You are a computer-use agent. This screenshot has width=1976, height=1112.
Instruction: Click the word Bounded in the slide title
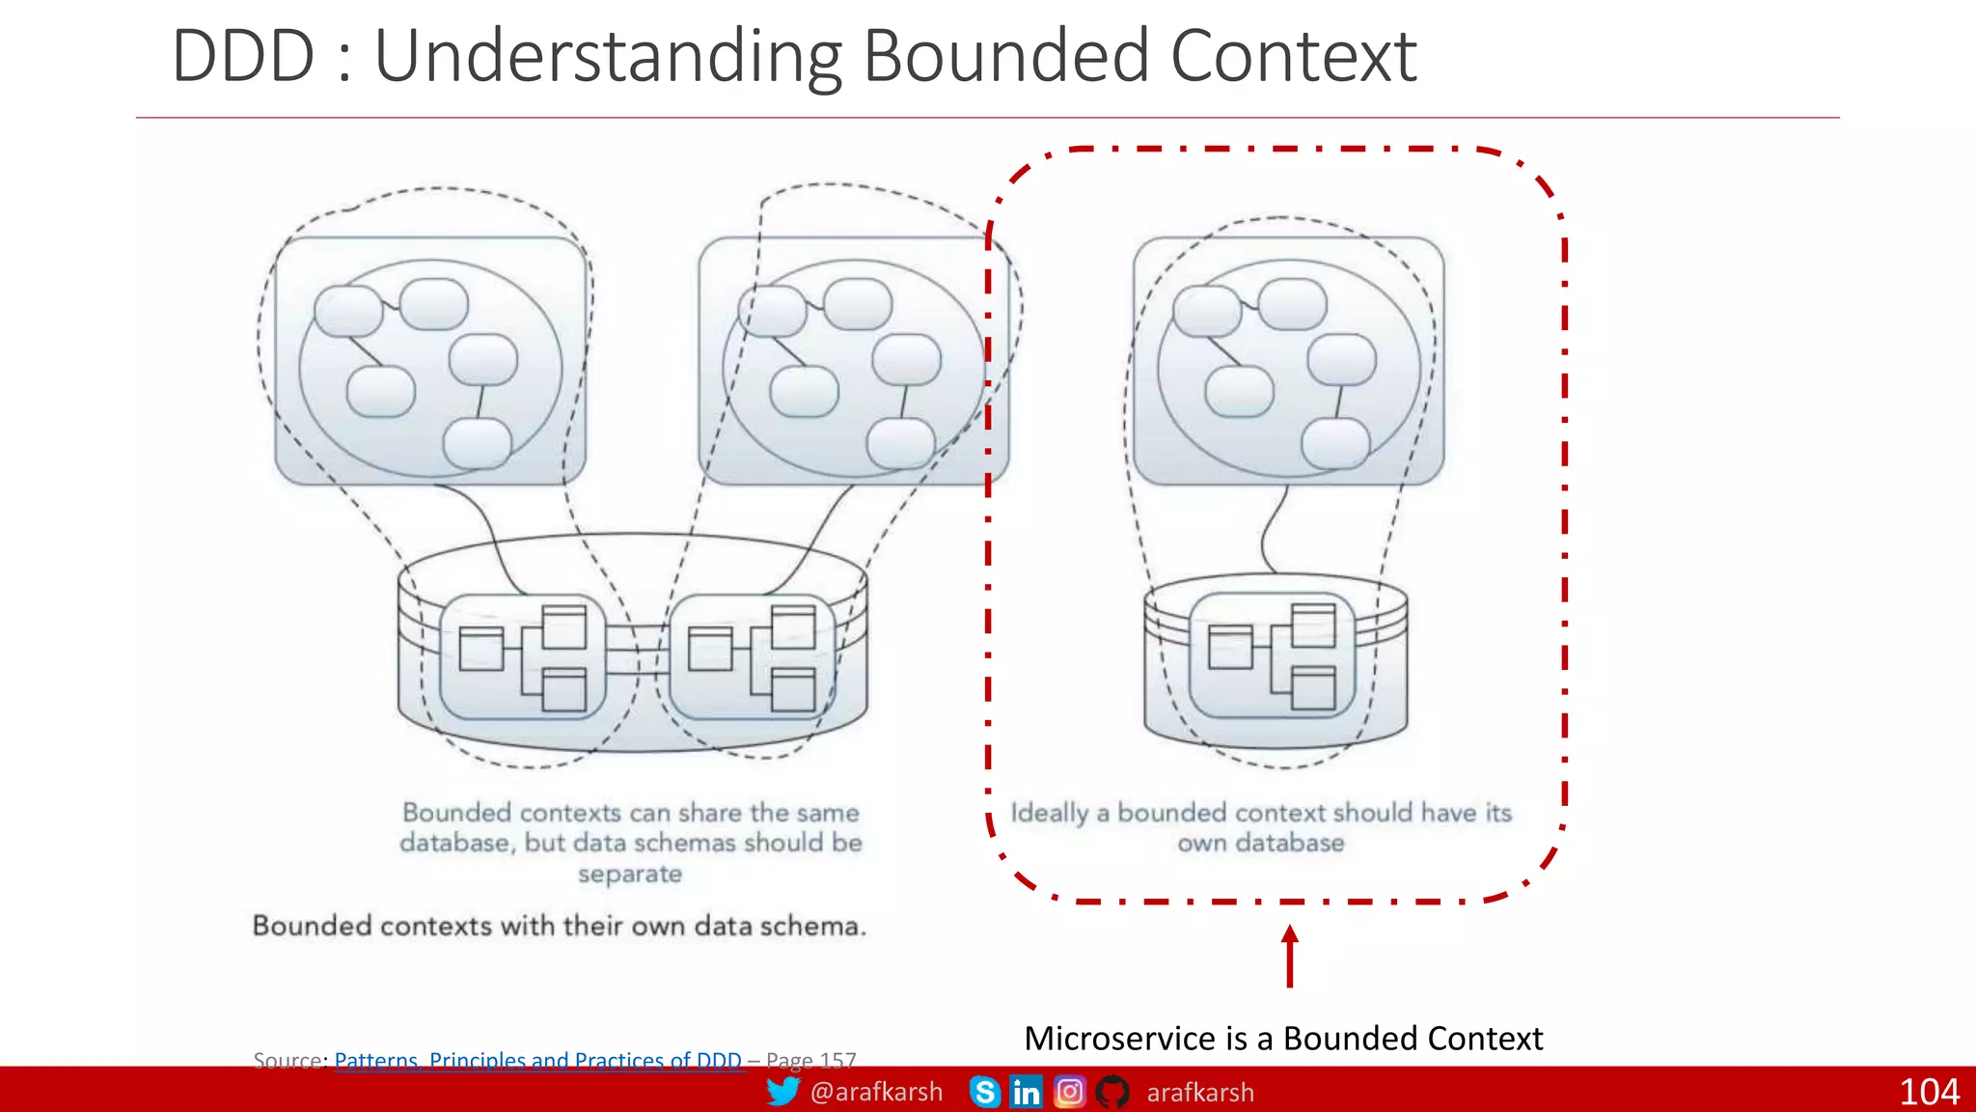click(1006, 56)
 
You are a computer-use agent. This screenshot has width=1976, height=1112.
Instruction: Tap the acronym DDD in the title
click(243, 56)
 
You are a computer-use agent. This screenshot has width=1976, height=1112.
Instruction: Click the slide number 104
click(1929, 1092)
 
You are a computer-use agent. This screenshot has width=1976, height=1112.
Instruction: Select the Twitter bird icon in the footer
click(782, 1091)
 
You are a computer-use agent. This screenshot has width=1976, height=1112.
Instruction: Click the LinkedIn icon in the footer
click(1026, 1092)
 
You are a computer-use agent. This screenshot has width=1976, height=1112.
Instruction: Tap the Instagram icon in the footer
click(1069, 1092)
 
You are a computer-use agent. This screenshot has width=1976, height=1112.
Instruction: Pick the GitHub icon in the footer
click(1112, 1092)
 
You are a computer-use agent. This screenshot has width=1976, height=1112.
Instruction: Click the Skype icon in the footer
click(984, 1092)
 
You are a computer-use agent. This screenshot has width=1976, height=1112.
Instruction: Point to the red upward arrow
click(1290, 956)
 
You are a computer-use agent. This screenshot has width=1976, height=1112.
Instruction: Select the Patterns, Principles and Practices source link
click(537, 1060)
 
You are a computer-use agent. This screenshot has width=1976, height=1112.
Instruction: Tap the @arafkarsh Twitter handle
click(876, 1092)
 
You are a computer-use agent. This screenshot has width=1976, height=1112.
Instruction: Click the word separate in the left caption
click(630, 874)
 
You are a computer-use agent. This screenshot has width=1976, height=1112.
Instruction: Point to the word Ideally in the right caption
click(1049, 813)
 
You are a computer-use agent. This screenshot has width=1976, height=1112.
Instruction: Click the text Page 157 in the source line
click(811, 1060)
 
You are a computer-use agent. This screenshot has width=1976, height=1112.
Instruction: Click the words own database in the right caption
click(1260, 843)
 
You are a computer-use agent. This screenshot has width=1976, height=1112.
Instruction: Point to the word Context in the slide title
click(1293, 56)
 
